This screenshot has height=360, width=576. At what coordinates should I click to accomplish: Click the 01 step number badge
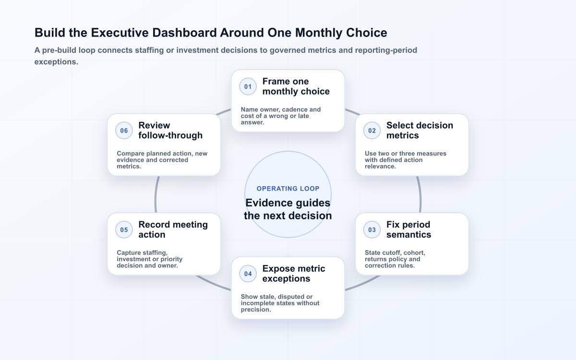pos(248,86)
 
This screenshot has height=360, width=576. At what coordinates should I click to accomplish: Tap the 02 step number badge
pos(372,131)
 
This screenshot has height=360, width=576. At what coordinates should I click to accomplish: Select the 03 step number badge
pos(372,229)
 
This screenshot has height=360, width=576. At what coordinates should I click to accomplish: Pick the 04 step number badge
pos(248,274)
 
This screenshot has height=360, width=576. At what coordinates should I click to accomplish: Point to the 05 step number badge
pos(124,229)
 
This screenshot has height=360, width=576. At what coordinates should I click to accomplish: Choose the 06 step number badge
pos(124,131)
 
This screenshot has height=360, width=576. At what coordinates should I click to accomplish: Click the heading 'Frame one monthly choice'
pos(296,86)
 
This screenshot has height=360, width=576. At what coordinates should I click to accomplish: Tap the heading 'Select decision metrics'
pos(420,131)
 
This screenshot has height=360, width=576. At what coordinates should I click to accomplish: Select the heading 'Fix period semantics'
pos(408,229)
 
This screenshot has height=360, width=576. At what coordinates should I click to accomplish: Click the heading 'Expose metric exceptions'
pos(294,274)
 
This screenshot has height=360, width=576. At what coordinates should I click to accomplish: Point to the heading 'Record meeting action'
pos(173,229)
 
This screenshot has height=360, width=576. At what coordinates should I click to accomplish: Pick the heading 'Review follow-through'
pos(170,131)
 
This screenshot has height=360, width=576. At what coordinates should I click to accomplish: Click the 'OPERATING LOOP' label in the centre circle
pos(288,189)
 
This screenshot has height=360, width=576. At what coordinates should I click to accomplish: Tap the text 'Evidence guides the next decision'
pos(288,209)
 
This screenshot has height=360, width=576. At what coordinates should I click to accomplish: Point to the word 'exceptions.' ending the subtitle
pos(56,62)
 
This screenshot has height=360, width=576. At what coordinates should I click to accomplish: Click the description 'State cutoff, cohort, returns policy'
pos(395,256)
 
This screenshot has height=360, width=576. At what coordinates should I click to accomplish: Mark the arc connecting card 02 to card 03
pos(420,195)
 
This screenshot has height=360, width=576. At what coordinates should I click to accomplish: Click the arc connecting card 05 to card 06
pos(156,195)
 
